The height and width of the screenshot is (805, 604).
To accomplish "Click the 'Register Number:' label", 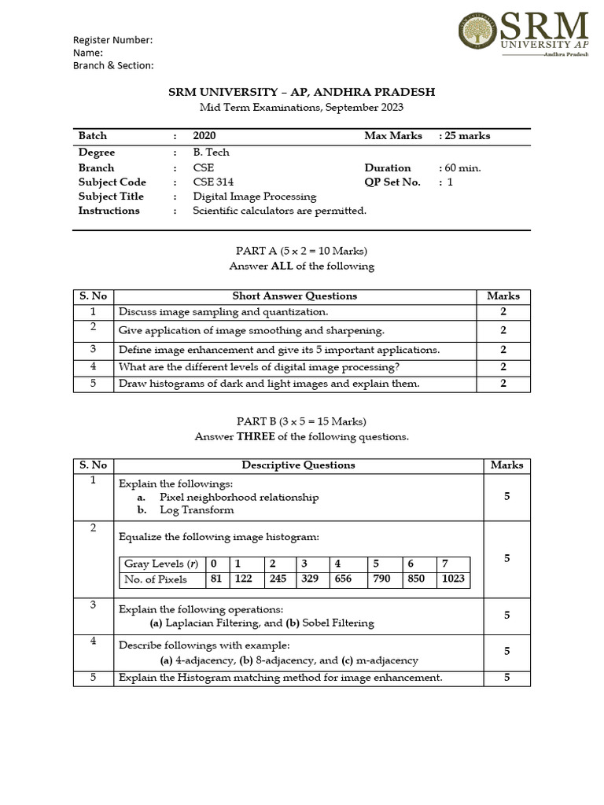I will point(112,40).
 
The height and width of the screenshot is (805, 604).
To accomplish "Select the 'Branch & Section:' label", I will point(113,66).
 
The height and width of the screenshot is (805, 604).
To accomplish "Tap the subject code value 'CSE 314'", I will point(213,182).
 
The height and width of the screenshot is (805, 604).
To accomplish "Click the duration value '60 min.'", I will point(460,167).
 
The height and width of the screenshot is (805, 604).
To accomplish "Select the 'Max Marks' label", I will point(393,136).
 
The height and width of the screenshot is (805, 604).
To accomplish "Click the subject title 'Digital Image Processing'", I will point(255,197).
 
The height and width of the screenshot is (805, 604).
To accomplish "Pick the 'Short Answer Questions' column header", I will point(295,296).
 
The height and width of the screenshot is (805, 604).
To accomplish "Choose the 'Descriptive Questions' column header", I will point(298,465).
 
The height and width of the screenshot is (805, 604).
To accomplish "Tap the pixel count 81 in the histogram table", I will point(214,579).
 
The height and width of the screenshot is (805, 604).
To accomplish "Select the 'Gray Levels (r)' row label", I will point(161,564).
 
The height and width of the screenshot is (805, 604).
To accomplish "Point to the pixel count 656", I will point(342,579).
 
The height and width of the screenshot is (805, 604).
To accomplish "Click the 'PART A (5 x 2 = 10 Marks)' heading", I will point(302,251).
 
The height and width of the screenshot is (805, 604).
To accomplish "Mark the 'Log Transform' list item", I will point(197,509).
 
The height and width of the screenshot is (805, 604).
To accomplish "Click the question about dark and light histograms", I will point(269,384).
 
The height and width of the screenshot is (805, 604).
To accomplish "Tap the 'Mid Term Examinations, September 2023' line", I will point(301,108).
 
